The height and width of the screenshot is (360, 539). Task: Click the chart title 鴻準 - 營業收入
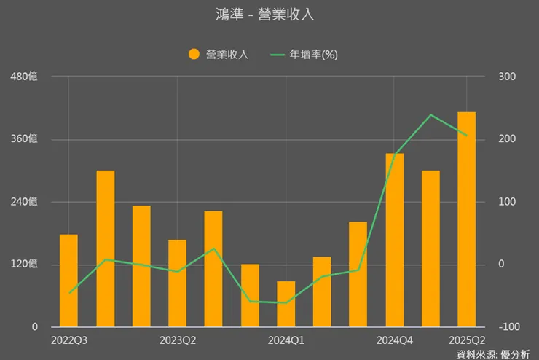[269, 15]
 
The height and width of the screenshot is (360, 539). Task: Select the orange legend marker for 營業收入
[194, 55]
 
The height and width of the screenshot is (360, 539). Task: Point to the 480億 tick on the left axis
[23, 77]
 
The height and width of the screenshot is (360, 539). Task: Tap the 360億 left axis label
[23, 139]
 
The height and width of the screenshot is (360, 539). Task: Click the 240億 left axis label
[23, 202]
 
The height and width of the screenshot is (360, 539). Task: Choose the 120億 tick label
[23, 264]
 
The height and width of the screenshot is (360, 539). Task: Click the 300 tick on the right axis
[506, 77]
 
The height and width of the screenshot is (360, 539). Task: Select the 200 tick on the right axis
[506, 139]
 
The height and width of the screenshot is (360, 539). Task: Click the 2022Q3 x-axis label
[68, 340]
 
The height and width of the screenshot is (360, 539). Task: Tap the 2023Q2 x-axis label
[177, 340]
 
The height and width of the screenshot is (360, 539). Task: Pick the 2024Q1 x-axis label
[286, 340]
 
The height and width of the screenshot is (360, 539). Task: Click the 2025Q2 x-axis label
[466, 340]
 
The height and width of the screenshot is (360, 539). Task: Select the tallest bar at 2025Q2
[466, 219]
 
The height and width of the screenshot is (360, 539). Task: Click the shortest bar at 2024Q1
[286, 304]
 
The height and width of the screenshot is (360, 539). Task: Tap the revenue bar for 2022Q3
[68, 281]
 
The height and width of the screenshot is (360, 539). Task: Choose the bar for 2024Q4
[394, 240]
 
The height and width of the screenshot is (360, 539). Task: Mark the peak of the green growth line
[430, 114]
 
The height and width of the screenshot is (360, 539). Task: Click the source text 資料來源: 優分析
[493, 354]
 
